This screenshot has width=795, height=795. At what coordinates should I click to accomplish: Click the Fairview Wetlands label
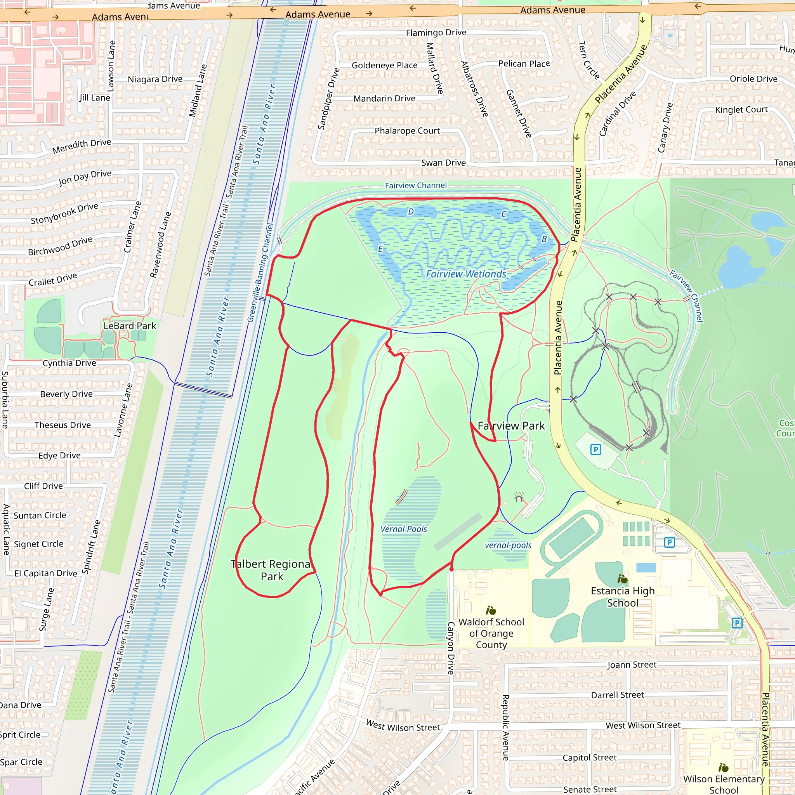click(x=466, y=274)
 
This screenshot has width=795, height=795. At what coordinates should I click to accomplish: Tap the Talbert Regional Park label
click(x=272, y=570)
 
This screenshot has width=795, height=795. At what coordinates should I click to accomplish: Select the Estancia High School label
click(x=623, y=597)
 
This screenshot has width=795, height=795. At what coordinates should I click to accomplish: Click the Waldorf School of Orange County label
click(x=491, y=633)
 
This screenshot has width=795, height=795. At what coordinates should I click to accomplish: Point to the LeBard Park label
click(x=130, y=326)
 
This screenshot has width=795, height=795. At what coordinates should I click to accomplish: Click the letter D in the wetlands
click(x=410, y=212)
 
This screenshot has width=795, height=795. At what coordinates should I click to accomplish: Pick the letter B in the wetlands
click(x=544, y=239)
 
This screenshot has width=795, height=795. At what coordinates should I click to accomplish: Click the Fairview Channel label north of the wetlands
click(x=416, y=186)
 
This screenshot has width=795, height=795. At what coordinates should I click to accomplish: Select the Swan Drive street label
click(x=443, y=163)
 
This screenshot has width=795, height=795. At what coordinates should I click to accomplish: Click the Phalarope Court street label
click(x=407, y=131)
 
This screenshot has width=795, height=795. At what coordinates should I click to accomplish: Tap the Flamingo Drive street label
click(x=436, y=33)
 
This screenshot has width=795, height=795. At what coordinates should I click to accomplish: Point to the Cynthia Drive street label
click(x=69, y=363)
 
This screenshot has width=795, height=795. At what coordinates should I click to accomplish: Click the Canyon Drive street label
click(x=451, y=648)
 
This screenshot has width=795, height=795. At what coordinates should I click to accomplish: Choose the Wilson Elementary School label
click(x=724, y=784)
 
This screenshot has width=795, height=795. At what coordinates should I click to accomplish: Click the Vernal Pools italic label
click(x=404, y=529)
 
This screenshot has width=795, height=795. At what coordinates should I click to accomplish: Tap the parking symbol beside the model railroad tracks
click(x=595, y=450)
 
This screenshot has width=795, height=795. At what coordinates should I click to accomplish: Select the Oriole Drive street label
click(x=753, y=79)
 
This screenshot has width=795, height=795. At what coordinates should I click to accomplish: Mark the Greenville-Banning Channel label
click(x=260, y=273)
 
